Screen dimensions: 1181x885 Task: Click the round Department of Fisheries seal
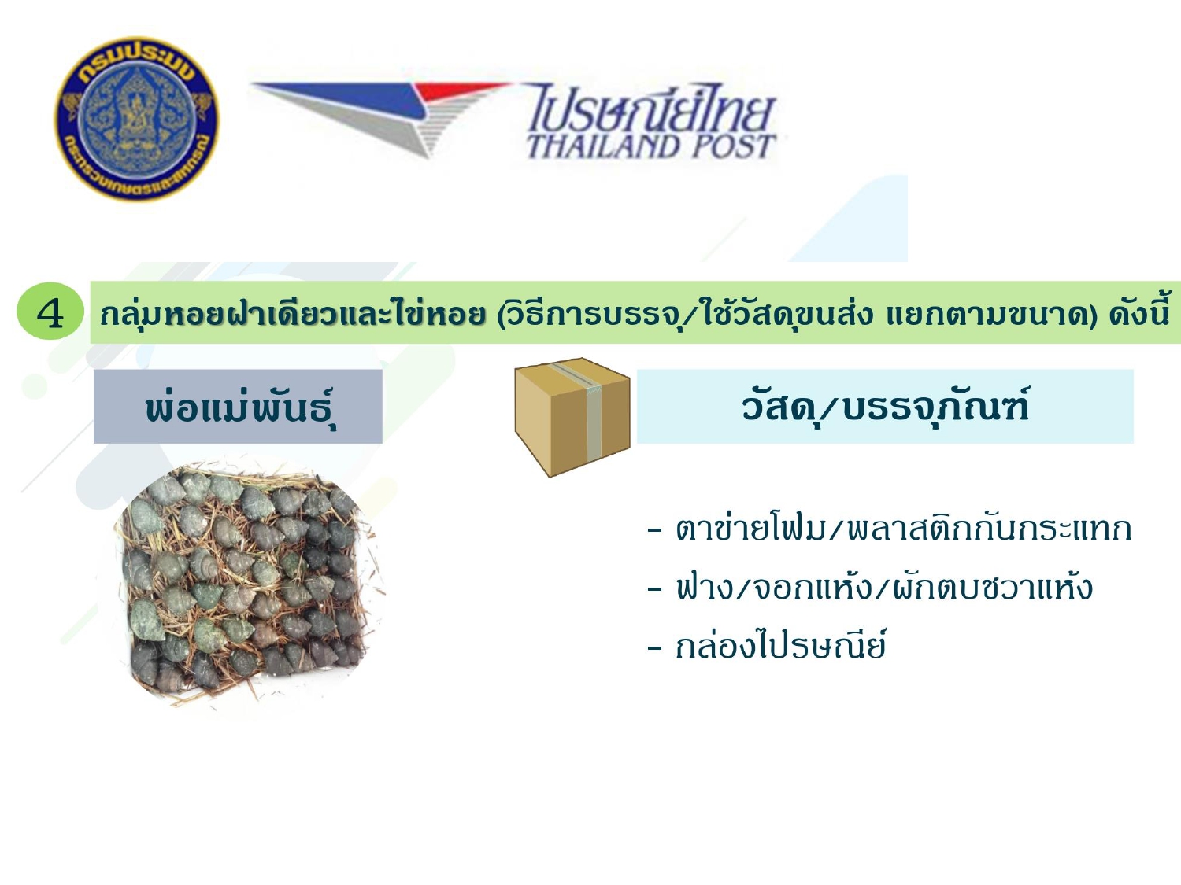click(137, 118)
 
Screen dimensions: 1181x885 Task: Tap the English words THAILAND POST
click(651, 146)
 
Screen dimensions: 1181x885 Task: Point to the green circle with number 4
click(50, 311)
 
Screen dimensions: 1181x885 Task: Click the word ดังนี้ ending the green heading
click(1138, 313)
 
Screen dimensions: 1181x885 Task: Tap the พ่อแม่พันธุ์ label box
click(238, 406)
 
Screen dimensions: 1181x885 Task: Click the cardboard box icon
click(572, 417)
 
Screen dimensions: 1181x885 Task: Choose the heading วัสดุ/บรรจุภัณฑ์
click(885, 406)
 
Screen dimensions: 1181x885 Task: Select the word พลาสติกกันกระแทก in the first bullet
click(989, 529)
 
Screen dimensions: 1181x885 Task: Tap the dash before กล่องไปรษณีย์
click(655, 647)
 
